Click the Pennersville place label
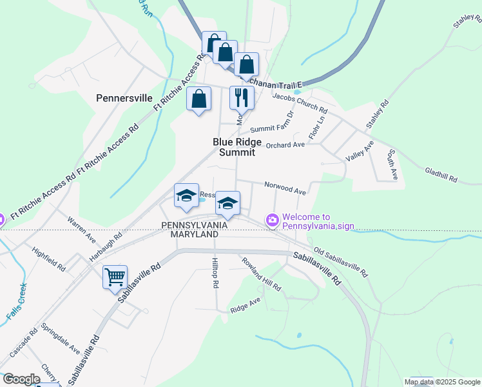click(124, 99)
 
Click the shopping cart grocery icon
click(115, 277)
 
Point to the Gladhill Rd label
click(441, 174)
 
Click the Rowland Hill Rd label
click(262, 274)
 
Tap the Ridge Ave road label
click(246, 305)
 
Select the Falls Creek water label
click(17, 302)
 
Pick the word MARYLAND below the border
click(194, 235)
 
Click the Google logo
click(22, 379)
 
